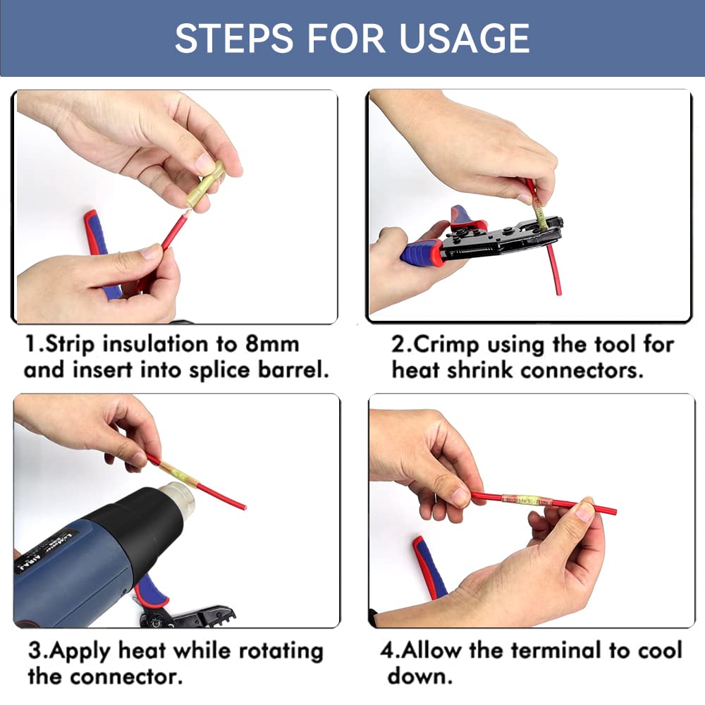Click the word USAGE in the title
[x=465, y=38]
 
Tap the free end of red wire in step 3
[x=242, y=505]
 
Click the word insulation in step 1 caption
[x=158, y=345]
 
